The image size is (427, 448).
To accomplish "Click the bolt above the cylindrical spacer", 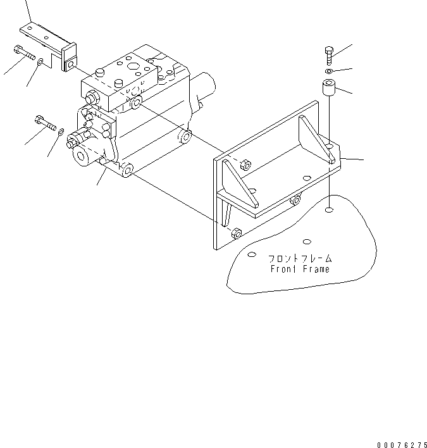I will click(x=328, y=55).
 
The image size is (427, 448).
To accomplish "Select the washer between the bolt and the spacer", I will click(x=328, y=71).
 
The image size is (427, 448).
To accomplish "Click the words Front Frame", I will click(x=300, y=269).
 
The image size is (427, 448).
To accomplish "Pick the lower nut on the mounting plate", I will click(x=235, y=233).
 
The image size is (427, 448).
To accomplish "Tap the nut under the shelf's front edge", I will click(x=294, y=201).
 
